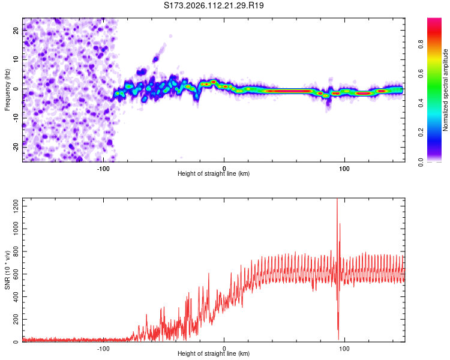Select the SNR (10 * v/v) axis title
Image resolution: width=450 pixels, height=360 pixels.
[x=7, y=271]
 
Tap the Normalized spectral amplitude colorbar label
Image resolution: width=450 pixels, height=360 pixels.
[x=446, y=90]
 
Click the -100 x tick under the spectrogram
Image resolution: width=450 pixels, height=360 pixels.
[x=103, y=168]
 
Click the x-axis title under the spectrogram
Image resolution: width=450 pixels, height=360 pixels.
[x=214, y=174]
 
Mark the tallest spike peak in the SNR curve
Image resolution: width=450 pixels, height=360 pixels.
[x=337, y=200]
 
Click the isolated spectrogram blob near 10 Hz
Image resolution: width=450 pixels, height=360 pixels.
[x=156, y=59]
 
